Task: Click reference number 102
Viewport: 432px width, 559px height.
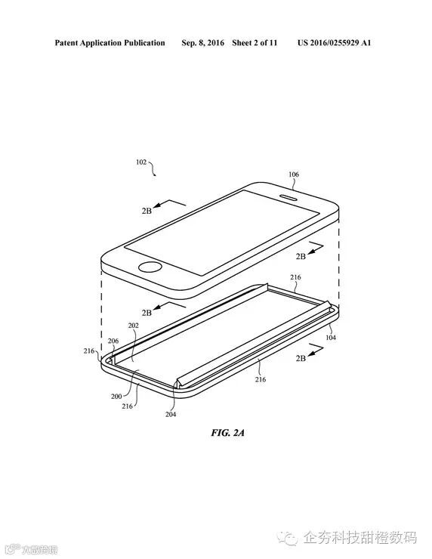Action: (x=141, y=162)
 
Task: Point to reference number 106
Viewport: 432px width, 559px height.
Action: (x=293, y=174)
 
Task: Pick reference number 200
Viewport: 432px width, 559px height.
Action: (x=116, y=396)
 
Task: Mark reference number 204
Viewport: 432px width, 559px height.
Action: (x=171, y=413)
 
